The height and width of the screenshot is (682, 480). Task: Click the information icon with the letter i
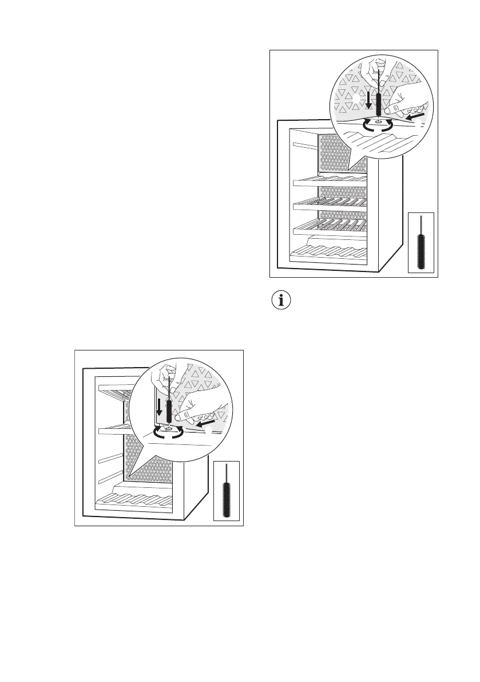coord(280,301)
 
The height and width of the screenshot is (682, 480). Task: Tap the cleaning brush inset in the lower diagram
coord(225,491)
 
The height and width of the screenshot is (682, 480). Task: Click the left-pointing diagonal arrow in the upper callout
coord(416,116)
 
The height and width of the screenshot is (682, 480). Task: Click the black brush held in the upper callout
coord(378,102)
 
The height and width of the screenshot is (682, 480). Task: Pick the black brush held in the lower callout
coord(169,411)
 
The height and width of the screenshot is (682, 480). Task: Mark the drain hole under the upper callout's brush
coord(378,121)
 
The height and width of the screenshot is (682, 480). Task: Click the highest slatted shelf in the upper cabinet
coord(328,182)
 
